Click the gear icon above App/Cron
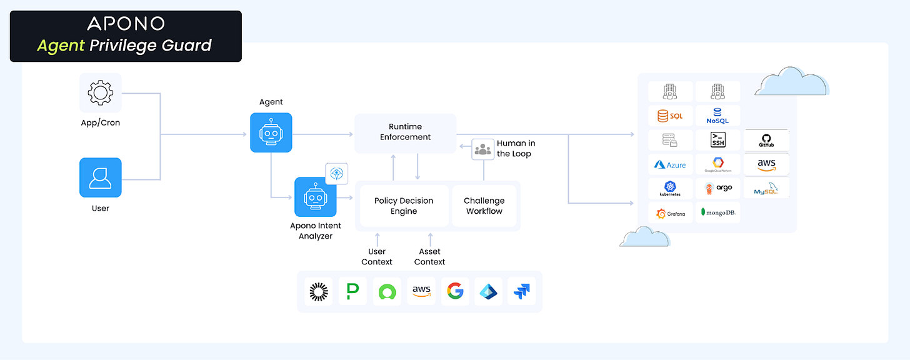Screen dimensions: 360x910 point(100,93)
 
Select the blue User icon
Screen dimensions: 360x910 point(100,177)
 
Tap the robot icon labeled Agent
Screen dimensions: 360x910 point(271,132)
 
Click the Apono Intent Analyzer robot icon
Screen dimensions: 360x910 point(316,197)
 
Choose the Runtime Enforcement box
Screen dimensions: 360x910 point(406,132)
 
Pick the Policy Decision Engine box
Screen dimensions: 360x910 point(404,206)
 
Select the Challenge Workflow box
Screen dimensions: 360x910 point(484,206)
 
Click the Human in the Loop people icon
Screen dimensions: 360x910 point(482,149)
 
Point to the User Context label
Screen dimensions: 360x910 point(377,256)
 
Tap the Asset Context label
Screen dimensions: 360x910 point(430,256)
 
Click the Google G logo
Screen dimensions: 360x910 point(455,291)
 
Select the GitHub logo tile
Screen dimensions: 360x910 point(767,140)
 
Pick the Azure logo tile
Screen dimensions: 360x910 point(670,164)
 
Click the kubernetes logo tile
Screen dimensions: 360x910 point(670,189)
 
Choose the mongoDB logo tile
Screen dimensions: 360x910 point(718,212)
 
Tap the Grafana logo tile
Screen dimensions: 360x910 point(670,213)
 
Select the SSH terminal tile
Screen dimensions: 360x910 point(718,140)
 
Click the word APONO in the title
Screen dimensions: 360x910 point(126,24)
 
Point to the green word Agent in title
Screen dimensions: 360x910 point(61,45)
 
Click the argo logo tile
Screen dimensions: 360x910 point(718,188)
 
